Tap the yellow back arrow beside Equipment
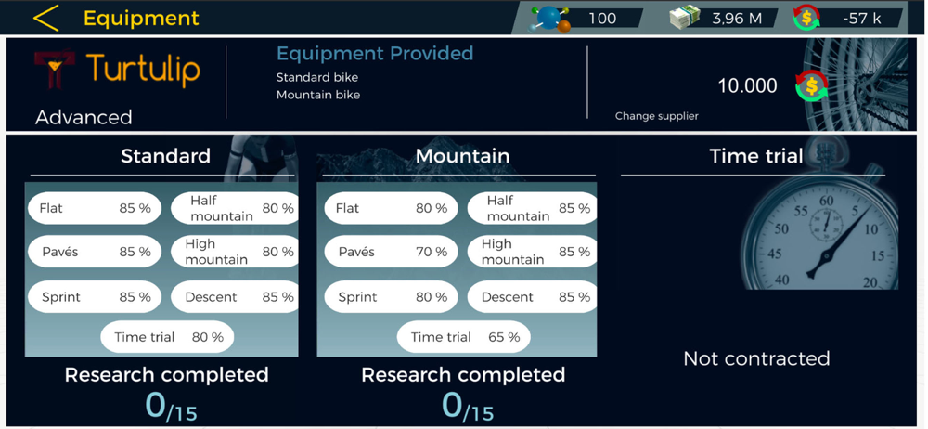45,18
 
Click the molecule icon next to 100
551,19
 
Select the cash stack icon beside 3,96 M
685,18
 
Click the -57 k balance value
862,19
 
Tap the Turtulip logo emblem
54,69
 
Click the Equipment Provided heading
375,54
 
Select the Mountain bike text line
317,95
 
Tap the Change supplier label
656,116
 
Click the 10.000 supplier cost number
747,86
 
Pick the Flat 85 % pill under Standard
94,208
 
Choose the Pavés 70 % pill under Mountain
391,252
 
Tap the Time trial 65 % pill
463,337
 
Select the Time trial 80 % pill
167,337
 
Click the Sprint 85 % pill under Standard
94,297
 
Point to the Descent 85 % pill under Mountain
532,297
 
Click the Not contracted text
756,358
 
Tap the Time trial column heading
755,156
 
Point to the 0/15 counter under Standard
171,407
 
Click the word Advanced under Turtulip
84,117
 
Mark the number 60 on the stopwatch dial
826,201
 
